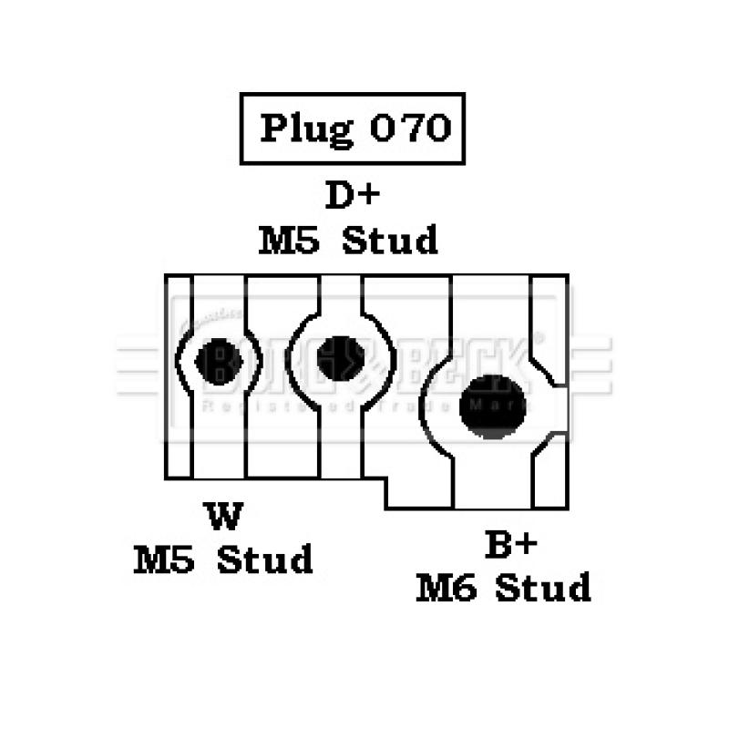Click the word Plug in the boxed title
[305, 128]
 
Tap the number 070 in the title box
[410, 128]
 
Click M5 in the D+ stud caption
[288, 241]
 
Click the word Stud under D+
[390, 241]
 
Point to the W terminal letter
[224, 516]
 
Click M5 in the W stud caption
[164, 559]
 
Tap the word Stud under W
[264, 559]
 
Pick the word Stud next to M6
[543, 588]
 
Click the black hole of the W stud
[218, 362]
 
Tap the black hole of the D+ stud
[341, 358]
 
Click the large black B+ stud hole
[493, 406]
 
